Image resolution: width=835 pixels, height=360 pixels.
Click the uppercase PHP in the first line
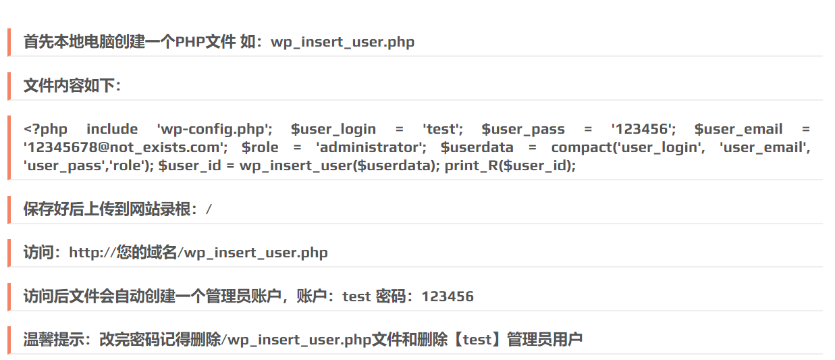(190, 42)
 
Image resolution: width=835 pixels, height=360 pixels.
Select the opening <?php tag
(45, 129)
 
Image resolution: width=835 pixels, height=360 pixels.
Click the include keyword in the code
(112, 129)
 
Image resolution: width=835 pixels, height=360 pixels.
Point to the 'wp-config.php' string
(215, 129)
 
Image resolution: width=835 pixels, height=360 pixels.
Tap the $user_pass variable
(523, 129)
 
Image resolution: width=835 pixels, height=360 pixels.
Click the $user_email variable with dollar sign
(738, 129)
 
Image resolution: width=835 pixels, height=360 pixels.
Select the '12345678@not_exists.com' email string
(126, 147)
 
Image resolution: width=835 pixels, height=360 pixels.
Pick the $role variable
(260, 147)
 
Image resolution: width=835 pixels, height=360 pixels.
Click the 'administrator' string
(371, 147)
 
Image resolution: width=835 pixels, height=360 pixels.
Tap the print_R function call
(510, 165)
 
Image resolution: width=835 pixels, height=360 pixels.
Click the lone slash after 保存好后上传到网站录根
(209, 209)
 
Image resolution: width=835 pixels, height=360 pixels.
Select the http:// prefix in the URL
(92, 253)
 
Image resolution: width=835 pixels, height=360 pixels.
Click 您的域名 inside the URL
(146, 253)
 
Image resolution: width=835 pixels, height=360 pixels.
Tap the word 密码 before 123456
(390, 297)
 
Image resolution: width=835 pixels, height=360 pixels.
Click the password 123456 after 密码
(448, 297)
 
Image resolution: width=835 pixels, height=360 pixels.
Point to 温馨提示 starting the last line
(54, 340)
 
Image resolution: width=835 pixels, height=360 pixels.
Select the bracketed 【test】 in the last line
(477, 340)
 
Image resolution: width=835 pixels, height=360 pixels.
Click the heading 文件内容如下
(70, 85)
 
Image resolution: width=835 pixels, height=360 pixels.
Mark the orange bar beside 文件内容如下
(9, 86)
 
